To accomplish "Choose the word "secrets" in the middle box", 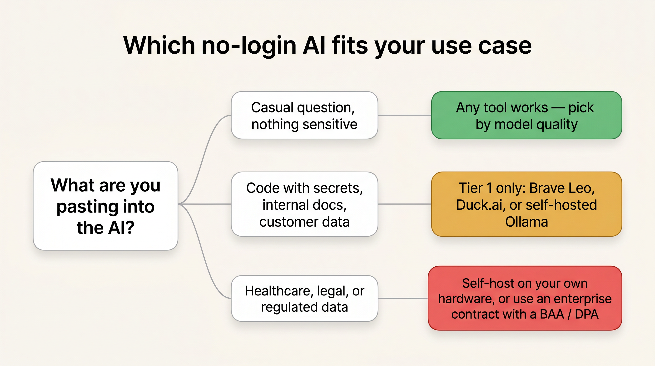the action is point(338,188).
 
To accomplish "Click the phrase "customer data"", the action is point(304,222).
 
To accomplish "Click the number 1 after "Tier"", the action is point(489,188).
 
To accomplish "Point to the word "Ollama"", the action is point(526,222).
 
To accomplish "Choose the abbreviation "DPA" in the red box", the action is point(587,314).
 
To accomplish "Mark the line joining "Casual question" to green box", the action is point(405,115).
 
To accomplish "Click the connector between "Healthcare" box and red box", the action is point(403,298).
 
